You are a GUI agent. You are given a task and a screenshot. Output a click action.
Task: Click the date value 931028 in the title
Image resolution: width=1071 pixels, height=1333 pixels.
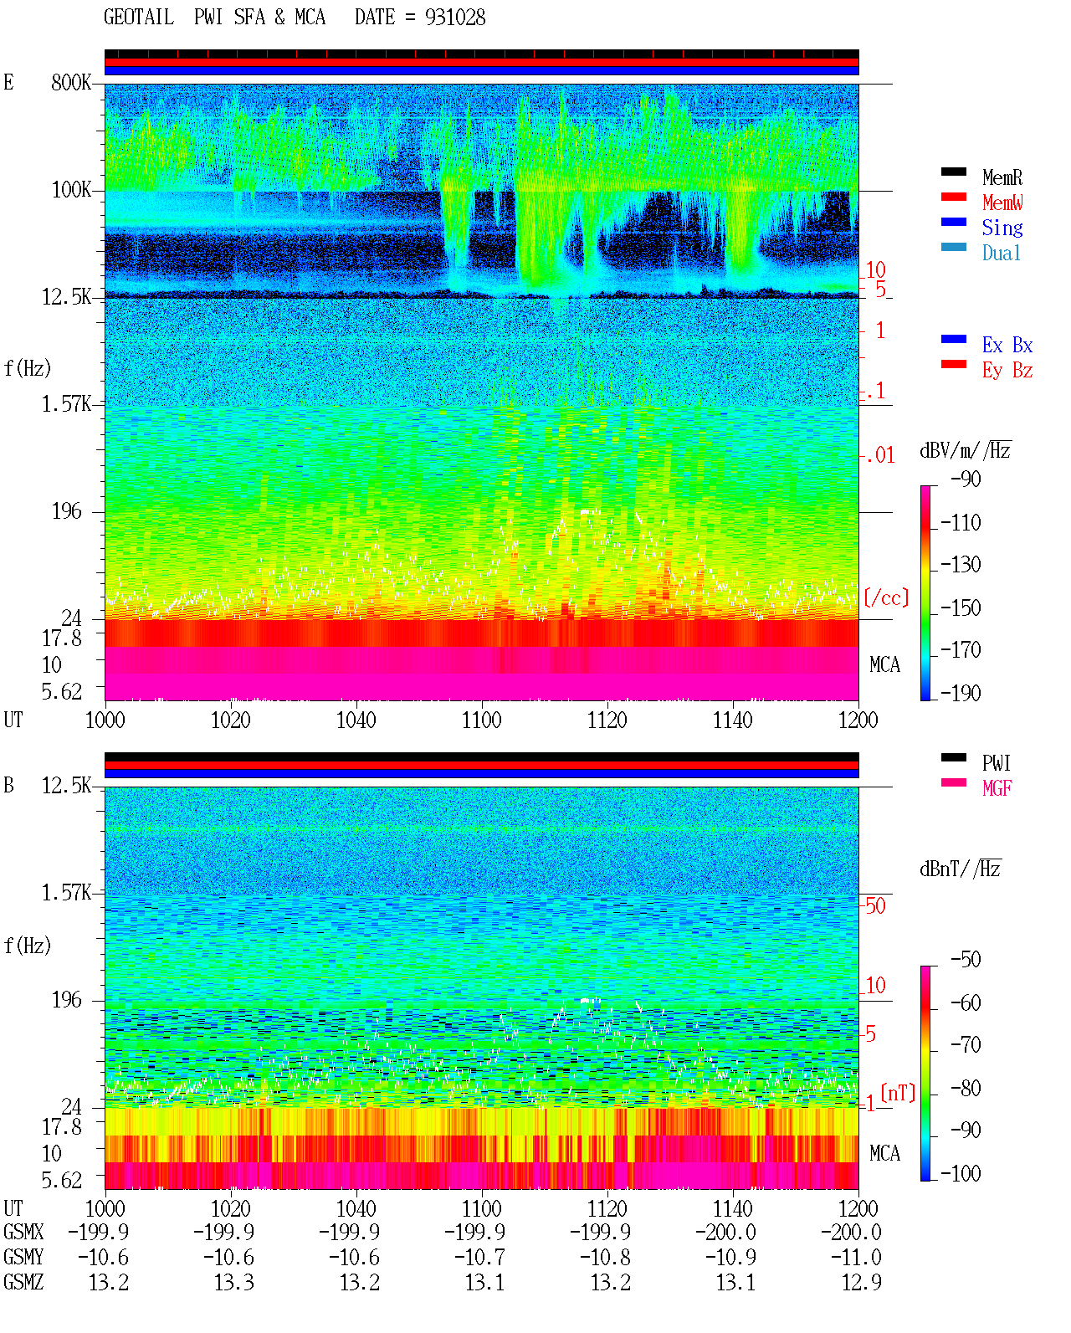click(454, 18)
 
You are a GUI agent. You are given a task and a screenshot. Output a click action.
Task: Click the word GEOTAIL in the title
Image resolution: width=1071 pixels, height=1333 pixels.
click(139, 18)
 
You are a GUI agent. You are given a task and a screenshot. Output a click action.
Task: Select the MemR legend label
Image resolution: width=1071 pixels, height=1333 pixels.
click(1002, 177)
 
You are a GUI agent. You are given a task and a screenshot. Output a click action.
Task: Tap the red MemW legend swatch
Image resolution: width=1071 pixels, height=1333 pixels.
click(953, 197)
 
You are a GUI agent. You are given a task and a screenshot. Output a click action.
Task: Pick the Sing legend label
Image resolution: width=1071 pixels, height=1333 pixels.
click(1002, 228)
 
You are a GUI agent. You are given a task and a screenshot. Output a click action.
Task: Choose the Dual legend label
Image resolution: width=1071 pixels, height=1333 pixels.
click(1002, 253)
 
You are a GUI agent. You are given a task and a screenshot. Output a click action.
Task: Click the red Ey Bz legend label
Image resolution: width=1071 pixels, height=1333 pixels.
click(1007, 371)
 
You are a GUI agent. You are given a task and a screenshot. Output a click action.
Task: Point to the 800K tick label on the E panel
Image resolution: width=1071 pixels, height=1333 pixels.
click(71, 82)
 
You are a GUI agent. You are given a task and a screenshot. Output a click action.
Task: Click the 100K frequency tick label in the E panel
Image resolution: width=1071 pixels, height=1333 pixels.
click(71, 190)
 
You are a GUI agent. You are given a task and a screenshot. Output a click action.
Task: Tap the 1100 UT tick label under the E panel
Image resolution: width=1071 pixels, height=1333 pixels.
click(481, 720)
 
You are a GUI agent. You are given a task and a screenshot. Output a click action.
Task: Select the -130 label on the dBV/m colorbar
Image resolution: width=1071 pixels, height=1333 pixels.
click(961, 565)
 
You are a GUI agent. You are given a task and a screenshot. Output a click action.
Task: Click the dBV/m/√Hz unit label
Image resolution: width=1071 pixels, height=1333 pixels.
click(965, 450)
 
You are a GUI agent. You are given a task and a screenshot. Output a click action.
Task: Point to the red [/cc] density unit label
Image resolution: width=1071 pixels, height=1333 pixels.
click(886, 597)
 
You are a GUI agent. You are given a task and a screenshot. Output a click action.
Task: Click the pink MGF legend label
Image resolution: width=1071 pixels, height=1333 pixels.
click(997, 788)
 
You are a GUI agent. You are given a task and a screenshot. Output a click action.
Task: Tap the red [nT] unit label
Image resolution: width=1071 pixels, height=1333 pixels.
click(898, 1093)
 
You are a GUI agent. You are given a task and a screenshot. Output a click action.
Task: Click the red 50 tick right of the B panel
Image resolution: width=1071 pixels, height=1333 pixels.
click(875, 906)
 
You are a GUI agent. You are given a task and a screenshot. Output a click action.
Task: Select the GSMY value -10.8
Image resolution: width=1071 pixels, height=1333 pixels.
click(605, 1258)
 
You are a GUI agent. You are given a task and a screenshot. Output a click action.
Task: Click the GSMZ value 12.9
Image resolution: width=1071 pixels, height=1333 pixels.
click(861, 1282)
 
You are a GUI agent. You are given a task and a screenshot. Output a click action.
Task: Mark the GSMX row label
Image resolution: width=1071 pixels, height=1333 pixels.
click(24, 1232)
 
